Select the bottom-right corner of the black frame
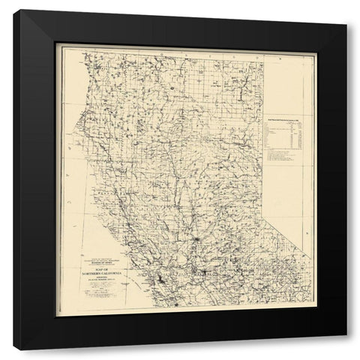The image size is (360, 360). pyautogui.click(x=346, y=334)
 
